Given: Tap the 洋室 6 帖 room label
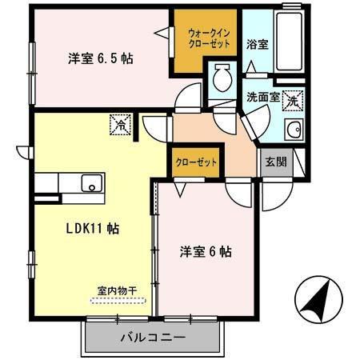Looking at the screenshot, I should [x=205, y=251].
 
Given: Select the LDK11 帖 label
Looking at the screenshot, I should [x=93, y=228].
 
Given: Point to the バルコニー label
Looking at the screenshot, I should [x=152, y=337].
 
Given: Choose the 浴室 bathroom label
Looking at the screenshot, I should [x=257, y=44].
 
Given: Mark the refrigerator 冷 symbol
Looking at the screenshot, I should [x=119, y=126].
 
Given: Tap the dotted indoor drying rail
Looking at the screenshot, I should [x=118, y=301].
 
